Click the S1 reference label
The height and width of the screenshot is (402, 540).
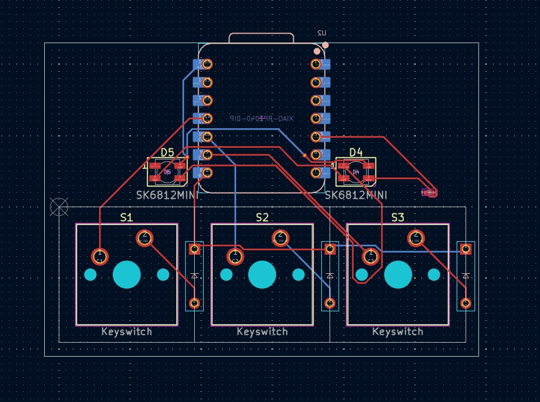click(x=127, y=217)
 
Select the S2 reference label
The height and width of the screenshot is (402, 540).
click(x=262, y=217)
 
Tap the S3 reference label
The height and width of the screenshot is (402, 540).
click(x=398, y=217)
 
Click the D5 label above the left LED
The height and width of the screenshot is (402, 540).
click(x=167, y=152)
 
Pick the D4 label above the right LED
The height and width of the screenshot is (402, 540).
click(x=356, y=152)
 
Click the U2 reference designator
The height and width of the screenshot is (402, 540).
click(x=322, y=34)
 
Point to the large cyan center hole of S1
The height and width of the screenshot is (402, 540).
click(x=127, y=274)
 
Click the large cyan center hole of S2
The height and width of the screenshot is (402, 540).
click(x=262, y=274)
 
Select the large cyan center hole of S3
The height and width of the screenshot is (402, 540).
click(x=398, y=274)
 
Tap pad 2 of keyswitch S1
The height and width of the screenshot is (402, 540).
click(x=144, y=238)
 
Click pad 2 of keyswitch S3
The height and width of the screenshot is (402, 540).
click(x=415, y=238)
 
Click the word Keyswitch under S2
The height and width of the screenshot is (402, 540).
click(x=262, y=331)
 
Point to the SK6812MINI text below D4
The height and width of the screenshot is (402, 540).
click(x=356, y=195)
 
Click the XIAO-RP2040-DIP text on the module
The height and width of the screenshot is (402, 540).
click(x=261, y=119)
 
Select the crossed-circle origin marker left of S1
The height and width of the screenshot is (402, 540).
click(x=59, y=207)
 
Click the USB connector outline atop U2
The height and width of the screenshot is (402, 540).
click(x=261, y=38)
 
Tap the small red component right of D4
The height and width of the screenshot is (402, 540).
click(x=429, y=193)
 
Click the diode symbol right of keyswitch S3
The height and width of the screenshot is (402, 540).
click(x=466, y=275)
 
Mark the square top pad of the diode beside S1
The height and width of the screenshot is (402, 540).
click(x=194, y=248)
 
